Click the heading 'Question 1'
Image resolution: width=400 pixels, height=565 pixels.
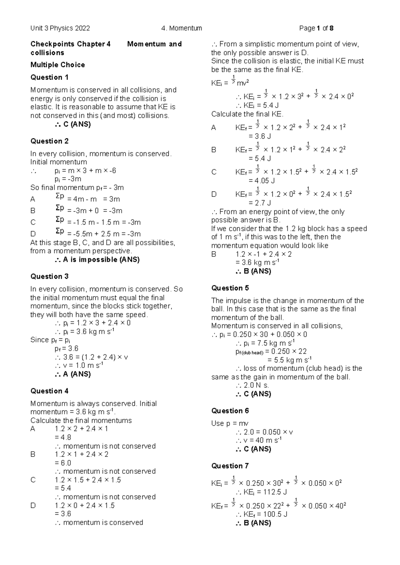click(49, 77)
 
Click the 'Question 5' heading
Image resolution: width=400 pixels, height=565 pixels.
click(230, 288)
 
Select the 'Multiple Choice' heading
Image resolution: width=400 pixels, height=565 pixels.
click(57, 65)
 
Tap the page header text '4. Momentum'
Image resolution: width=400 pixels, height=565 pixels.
click(181, 28)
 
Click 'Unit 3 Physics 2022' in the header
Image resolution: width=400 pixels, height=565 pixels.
click(60, 28)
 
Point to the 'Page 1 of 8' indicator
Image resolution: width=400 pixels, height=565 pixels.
click(316, 28)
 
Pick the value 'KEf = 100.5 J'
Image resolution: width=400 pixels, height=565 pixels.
click(261, 514)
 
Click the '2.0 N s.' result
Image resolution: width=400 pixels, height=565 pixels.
click(252, 385)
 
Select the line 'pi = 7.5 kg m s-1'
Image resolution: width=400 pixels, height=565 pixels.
click(265, 343)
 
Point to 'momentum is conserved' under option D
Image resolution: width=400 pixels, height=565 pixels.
click(99, 522)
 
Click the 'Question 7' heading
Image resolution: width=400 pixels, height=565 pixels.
click(230, 466)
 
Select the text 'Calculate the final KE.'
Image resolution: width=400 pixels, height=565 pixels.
click(247, 114)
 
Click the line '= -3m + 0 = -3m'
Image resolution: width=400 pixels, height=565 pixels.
click(95, 211)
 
